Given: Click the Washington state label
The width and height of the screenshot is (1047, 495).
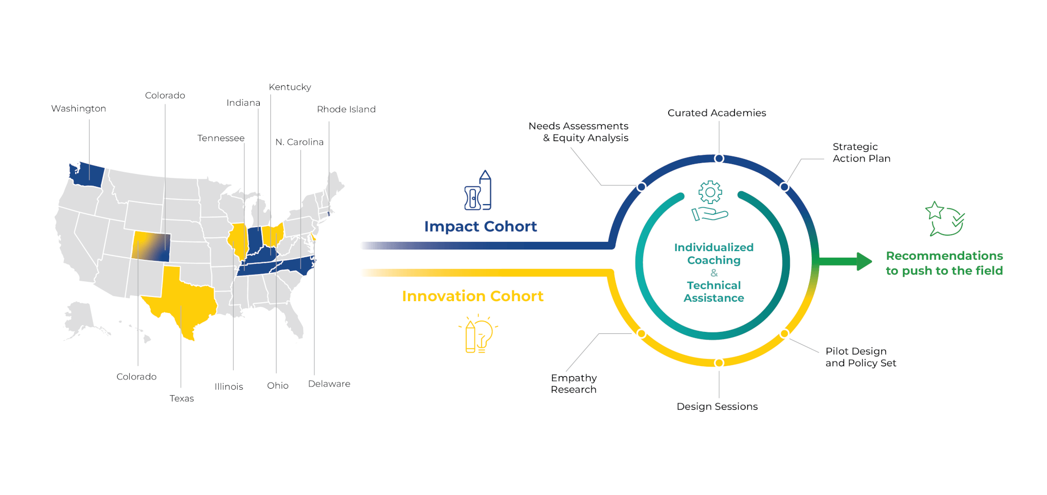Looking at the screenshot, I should [x=79, y=108].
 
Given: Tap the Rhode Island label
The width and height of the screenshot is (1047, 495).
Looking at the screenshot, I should [x=346, y=109].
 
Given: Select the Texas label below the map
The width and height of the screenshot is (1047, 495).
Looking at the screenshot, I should [x=181, y=398].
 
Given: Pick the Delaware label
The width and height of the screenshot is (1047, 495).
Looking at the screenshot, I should [x=329, y=384].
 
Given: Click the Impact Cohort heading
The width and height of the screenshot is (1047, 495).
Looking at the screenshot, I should [x=480, y=227].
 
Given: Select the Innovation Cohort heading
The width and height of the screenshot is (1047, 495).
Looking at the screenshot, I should [x=472, y=296].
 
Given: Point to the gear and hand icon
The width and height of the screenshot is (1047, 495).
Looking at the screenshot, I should [x=710, y=201].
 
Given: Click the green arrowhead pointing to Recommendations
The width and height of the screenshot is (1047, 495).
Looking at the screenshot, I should [x=863, y=261].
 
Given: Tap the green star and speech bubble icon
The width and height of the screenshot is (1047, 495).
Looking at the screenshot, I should [x=945, y=219].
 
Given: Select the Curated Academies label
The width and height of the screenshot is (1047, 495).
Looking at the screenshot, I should [x=717, y=113].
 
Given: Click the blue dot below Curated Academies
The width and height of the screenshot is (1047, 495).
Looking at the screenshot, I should [x=719, y=159].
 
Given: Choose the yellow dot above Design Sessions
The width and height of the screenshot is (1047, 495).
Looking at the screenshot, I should [x=719, y=363].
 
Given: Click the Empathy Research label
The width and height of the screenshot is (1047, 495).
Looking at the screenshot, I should [x=574, y=384].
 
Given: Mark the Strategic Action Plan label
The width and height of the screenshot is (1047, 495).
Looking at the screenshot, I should [x=861, y=152].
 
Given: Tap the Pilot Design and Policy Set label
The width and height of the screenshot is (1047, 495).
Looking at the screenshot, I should [x=860, y=357].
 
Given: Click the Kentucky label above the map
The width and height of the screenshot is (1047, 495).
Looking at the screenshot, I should [x=290, y=87].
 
